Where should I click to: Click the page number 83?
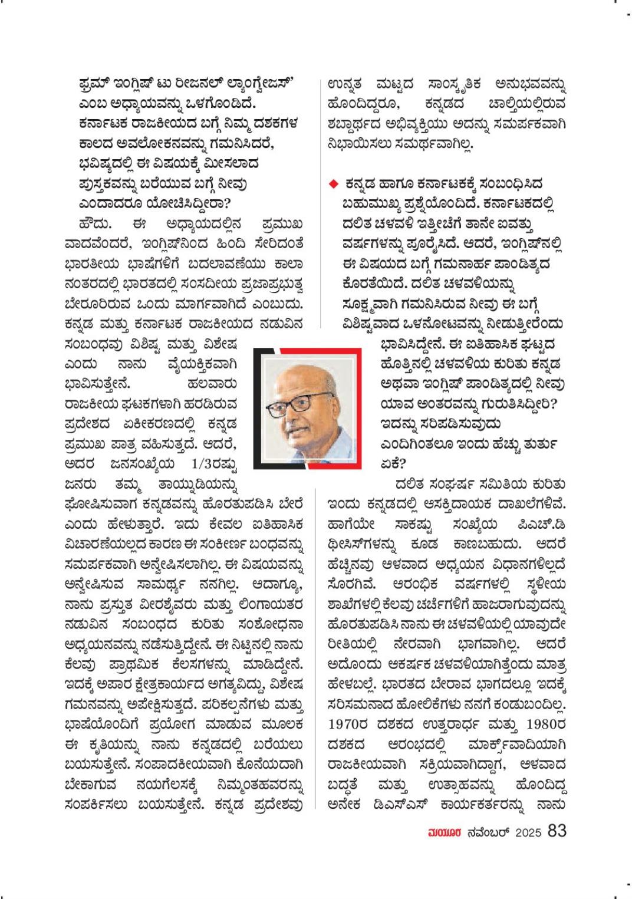[x=557, y=831]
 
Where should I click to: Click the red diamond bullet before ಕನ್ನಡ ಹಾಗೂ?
[x=333, y=184]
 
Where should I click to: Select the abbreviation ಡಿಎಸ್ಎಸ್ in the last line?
[x=423, y=803]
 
